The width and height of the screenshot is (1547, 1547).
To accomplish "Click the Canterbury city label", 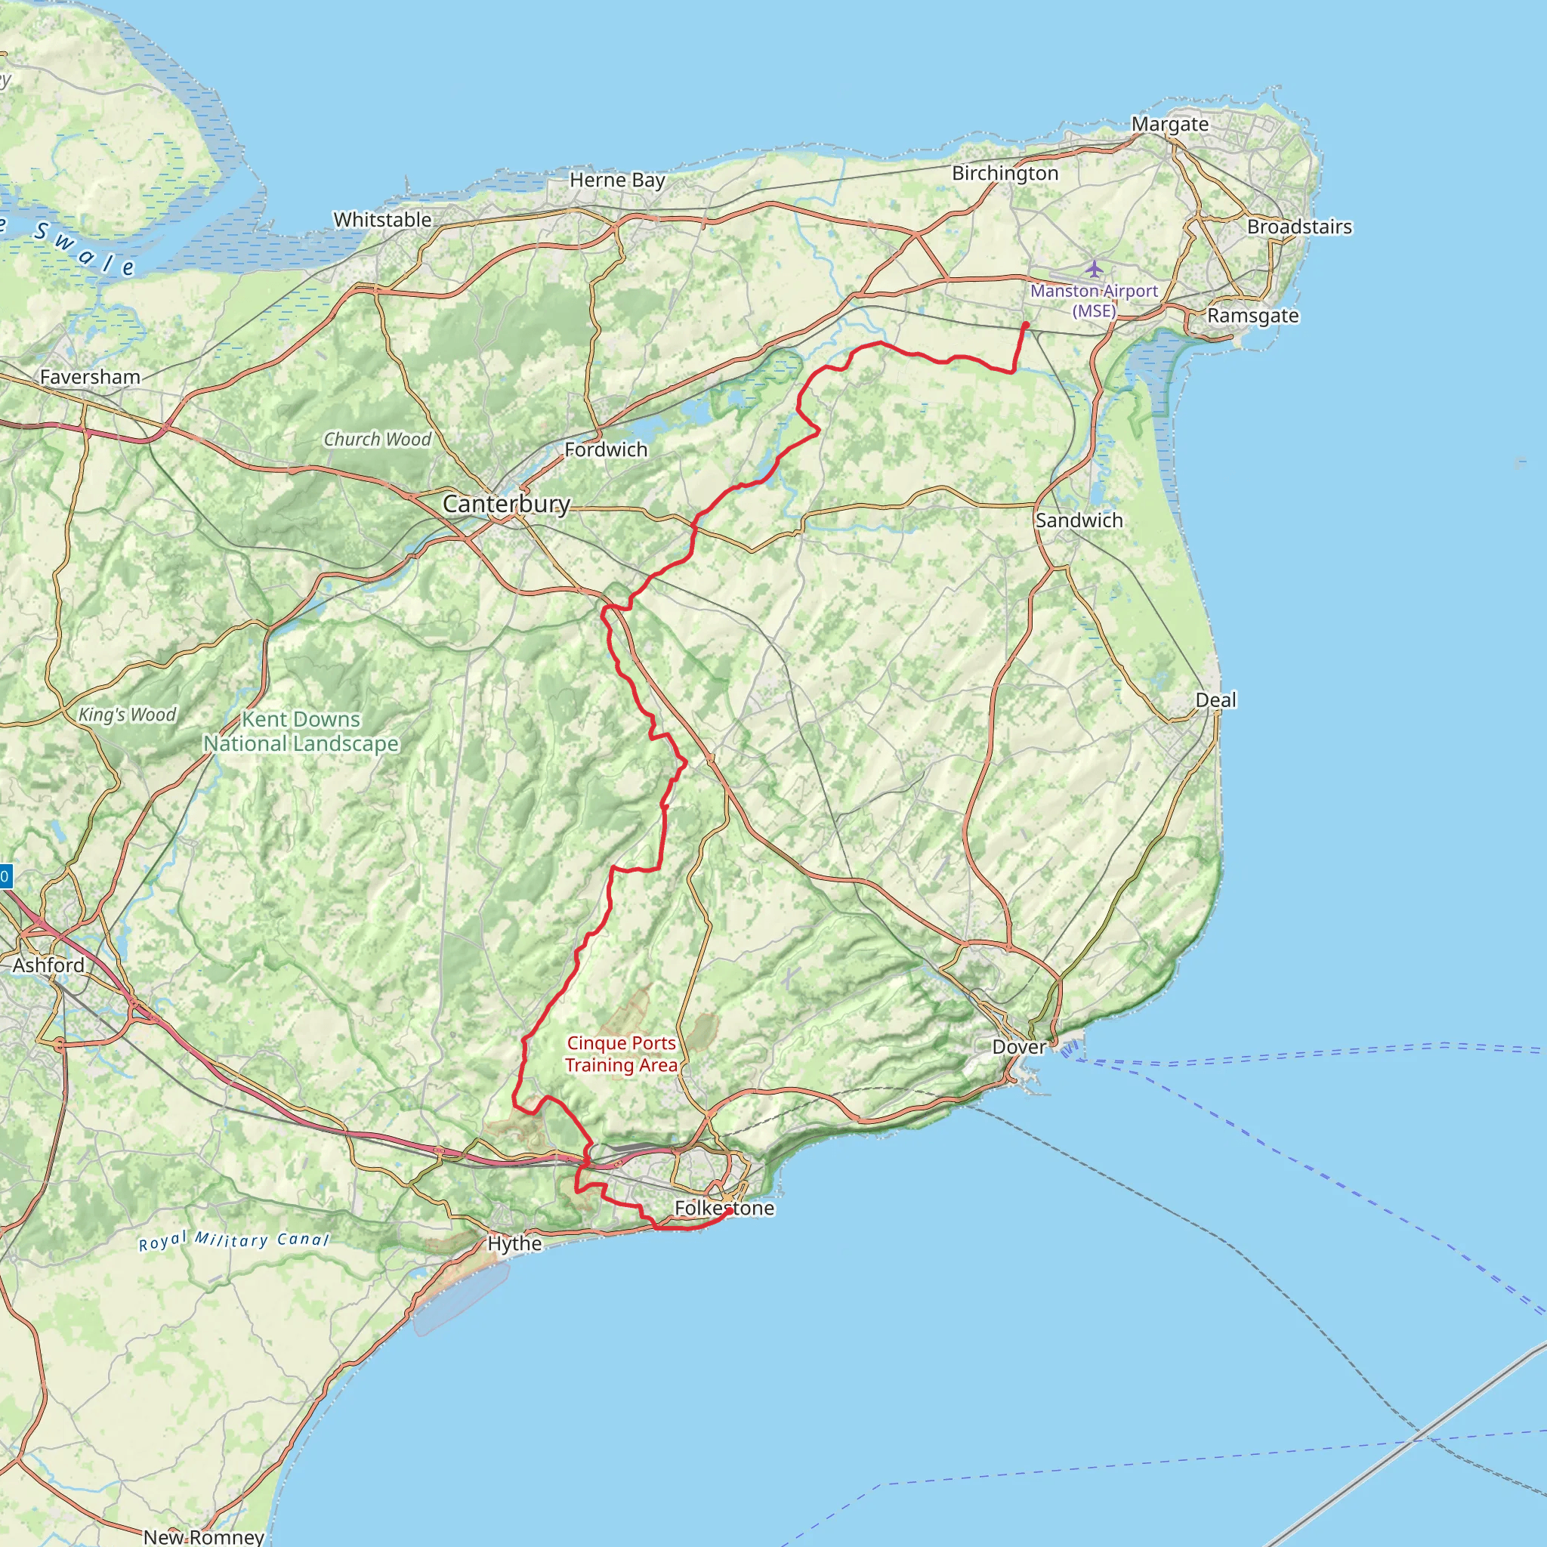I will click(506, 504).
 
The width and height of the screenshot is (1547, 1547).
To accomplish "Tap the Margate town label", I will click(1169, 124).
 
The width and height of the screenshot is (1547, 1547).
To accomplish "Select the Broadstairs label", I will click(1298, 227).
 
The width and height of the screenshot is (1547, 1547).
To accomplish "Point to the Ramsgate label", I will click(1252, 316).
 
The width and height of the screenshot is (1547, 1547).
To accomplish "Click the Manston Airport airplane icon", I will click(1094, 267).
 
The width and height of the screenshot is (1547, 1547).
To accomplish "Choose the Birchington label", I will click(1005, 173).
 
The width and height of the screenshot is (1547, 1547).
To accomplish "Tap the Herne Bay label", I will click(616, 181).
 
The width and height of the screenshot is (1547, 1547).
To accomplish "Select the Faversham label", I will click(90, 376).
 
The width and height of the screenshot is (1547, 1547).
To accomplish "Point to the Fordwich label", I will click(605, 449).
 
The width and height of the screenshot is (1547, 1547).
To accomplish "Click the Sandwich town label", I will click(1079, 520).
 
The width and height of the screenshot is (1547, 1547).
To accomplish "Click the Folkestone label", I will click(724, 1208).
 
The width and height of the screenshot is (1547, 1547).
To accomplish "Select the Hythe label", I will click(514, 1243).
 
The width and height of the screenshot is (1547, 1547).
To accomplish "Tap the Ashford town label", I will click(48, 965).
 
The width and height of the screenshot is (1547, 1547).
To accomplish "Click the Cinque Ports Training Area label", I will click(621, 1054).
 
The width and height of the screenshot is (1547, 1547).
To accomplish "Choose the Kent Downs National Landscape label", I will click(301, 731).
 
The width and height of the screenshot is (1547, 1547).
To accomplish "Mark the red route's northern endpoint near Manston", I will click(1026, 324).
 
